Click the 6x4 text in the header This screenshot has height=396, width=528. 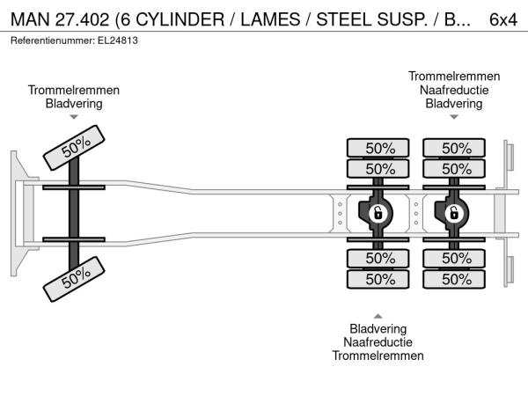click(x=502, y=18)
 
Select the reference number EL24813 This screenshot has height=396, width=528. click(x=116, y=40)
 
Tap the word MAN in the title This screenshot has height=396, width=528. click(x=30, y=18)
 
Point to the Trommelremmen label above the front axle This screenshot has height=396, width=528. click(x=74, y=90)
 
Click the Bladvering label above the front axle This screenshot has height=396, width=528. click(x=74, y=103)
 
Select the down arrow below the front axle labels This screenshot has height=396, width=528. click(x=74, y=117)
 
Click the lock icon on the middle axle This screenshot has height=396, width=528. click(x=378, y=212)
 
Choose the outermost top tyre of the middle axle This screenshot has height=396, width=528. click(x=379, y=147)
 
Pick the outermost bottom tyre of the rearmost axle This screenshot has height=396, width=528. click(x=456, y=279)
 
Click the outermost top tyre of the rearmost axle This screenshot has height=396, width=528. click(x=456, y=147)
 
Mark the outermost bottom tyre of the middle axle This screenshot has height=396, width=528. click(x=379, y=279)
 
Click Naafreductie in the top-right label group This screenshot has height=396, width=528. click(x=454, y=90)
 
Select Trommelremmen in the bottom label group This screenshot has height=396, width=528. click(x=378, y=356)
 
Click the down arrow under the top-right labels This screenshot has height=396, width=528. click(x=454, y=117)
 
